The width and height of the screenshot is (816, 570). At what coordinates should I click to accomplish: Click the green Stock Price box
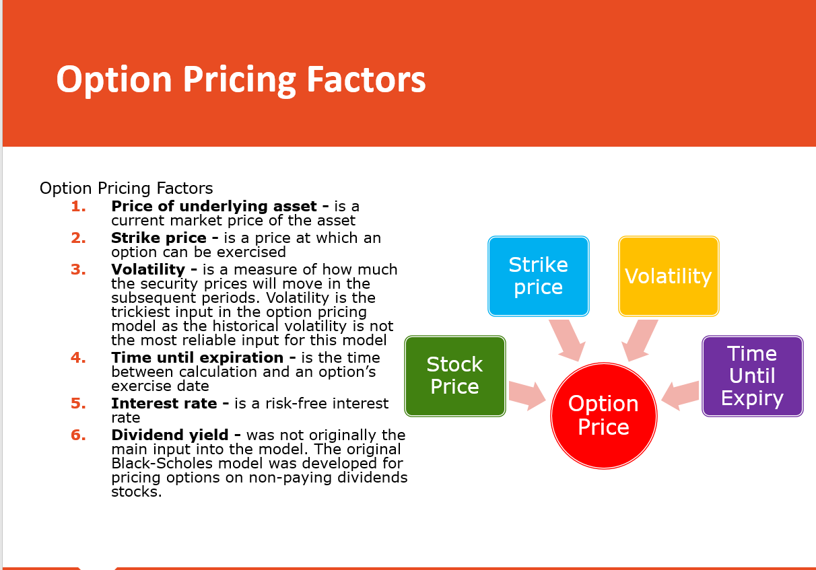tap(455, 376)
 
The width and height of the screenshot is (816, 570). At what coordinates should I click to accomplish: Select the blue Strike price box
tap(539, 276)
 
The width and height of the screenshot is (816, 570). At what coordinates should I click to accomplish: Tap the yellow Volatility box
tap(669, 276)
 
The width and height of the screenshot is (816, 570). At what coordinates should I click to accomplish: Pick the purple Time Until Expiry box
tap(753, 376)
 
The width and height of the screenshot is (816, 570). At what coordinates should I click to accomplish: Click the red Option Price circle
tap(604, 416)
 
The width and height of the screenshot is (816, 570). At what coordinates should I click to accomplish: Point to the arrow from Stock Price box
tap(526, 396)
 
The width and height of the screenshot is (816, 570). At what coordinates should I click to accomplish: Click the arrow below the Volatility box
tap(640, 340)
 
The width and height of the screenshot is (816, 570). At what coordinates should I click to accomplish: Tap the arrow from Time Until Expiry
tap(681, 396)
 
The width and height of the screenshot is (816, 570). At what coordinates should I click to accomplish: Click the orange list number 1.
tap(78, 207)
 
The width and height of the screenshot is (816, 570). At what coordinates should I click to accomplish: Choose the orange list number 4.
tap(78, 357)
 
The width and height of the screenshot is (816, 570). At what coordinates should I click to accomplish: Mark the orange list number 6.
tap(78, 435)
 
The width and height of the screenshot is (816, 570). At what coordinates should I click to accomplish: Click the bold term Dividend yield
tap(170, 435)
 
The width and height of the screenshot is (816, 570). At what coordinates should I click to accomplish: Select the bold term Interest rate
tap(164, 404)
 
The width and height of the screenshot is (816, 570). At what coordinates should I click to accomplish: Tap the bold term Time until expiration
tap(197, 358)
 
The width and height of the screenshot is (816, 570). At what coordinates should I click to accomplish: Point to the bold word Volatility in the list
tap(148, 270)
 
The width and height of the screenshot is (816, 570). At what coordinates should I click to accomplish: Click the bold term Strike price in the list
tap(159, 238)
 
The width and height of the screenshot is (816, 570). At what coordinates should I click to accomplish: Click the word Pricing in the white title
tap(239, 80)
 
